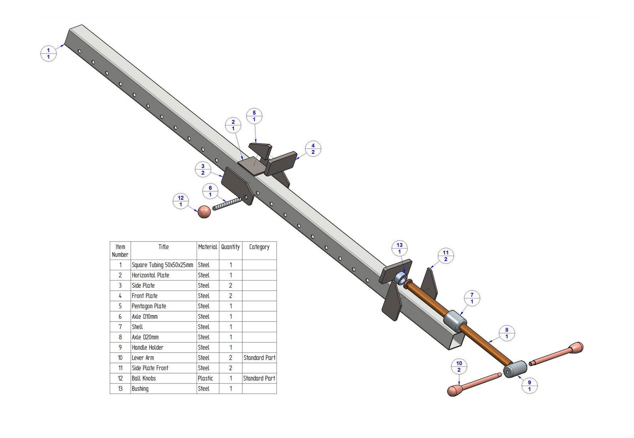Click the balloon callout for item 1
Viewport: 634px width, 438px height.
pos(48,53)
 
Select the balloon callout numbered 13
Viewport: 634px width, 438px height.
pos(399,248)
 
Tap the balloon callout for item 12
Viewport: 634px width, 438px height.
pos(181,201)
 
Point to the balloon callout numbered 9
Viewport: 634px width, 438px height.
pos(529,386)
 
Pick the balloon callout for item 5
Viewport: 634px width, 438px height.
pos(254,116)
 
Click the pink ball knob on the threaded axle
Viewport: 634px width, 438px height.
pos(204,212)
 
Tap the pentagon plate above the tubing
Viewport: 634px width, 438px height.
pos(260,151)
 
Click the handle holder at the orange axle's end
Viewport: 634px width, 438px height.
pos(515,369)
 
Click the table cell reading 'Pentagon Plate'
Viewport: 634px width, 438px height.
pos(149,306)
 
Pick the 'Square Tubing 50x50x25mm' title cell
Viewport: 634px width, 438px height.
pos(162,265)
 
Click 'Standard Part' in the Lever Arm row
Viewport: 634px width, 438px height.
pos(259,358)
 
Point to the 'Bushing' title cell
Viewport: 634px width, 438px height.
pos(140,389)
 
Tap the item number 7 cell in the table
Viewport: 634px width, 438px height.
pos(120,327)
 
